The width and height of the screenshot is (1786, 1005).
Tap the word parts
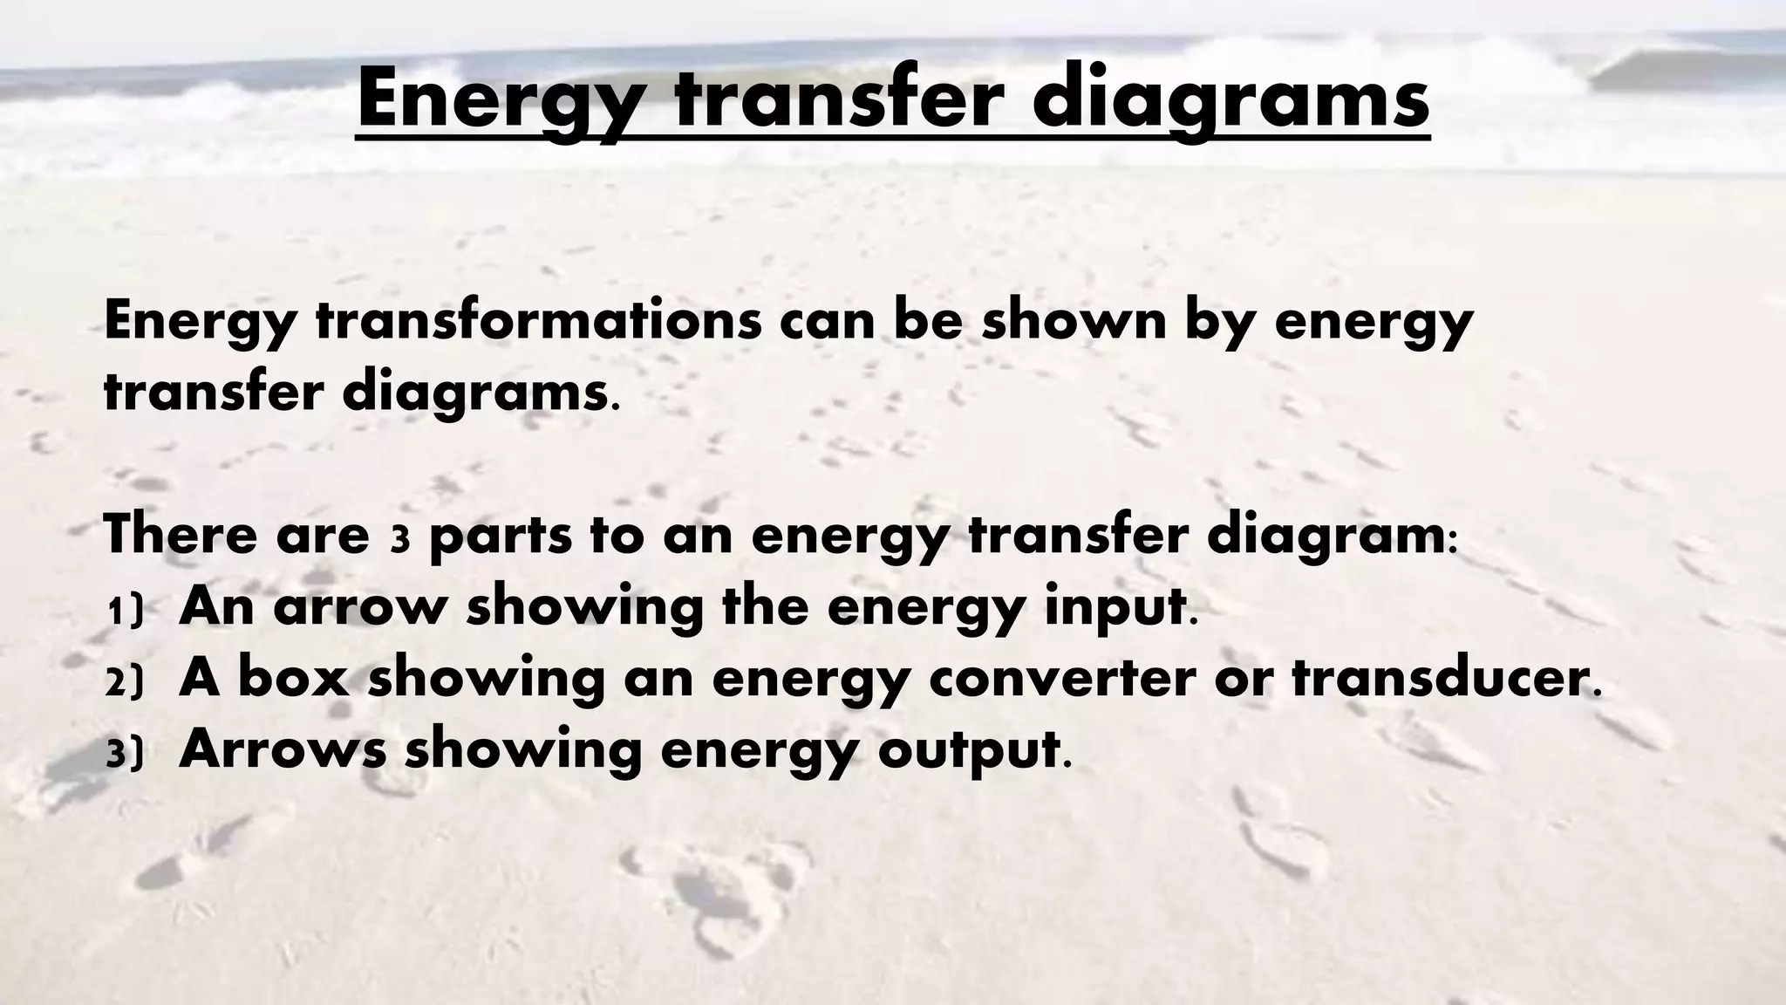coord(501,536)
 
